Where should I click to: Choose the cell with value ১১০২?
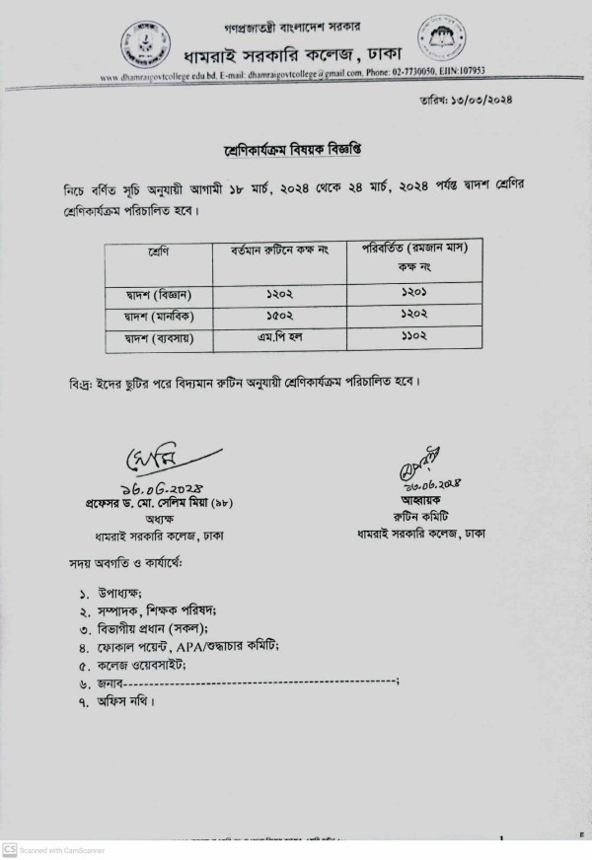(x=413, y=339)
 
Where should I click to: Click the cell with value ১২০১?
(x=413, y=294)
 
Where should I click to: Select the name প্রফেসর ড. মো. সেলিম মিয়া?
(x=140, y=502)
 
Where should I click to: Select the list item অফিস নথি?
(x=125, y=701)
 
